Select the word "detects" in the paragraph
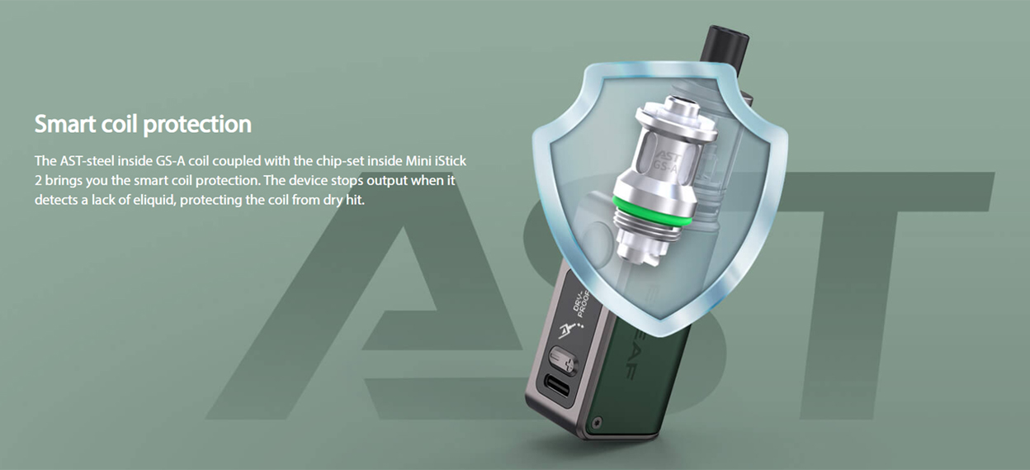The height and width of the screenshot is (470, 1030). [54, 201]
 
